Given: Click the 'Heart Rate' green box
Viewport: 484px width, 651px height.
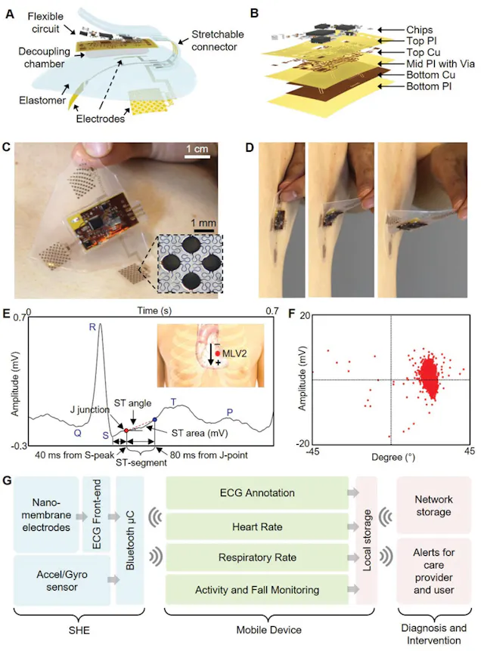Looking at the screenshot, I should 256,527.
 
